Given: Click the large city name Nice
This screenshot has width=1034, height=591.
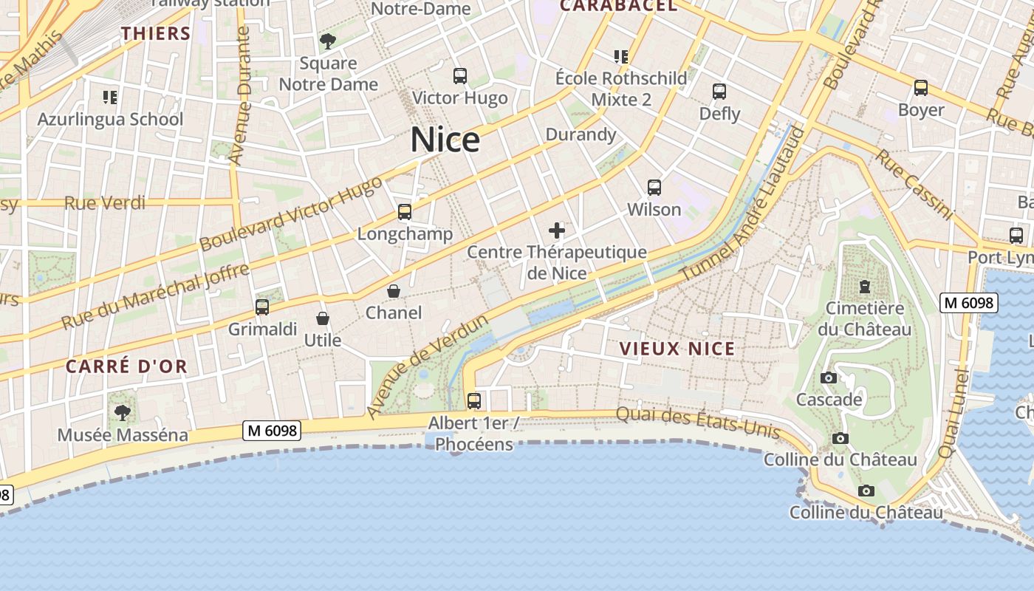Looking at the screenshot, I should pos(445,140).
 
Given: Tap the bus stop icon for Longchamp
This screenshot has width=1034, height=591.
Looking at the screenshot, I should pos(404,212).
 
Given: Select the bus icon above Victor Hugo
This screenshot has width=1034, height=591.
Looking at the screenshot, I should pos(459,76).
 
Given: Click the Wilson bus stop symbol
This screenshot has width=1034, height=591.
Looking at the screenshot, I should pos(654,188).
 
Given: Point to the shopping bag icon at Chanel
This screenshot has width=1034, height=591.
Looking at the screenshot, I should pos(394,291).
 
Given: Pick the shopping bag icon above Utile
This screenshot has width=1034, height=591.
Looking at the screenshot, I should pos(323,318).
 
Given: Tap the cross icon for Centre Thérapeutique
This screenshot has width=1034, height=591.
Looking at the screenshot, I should pos(557,231).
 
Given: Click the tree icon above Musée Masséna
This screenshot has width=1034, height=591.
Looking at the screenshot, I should pos(122,412).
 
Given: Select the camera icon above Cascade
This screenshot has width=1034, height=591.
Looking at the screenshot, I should pos(829,378).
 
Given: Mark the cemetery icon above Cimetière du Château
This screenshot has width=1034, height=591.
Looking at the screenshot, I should pos(864,286).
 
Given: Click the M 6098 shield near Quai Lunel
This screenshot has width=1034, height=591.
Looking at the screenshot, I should pos(968,303).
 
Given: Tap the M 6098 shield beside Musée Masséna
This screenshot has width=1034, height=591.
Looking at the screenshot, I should pos(272,430).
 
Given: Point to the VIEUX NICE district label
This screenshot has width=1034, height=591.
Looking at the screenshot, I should pos(677,349).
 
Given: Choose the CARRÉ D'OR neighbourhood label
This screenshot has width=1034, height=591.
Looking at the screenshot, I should pos(126,366).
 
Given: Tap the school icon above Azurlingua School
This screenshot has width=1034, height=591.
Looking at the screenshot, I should pos(110,97).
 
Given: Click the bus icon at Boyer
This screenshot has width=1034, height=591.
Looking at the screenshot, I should pos(920,88).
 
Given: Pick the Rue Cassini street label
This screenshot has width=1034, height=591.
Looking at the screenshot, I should pos(914,184).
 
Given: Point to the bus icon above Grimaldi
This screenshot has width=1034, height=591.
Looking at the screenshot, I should pos(262,307).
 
